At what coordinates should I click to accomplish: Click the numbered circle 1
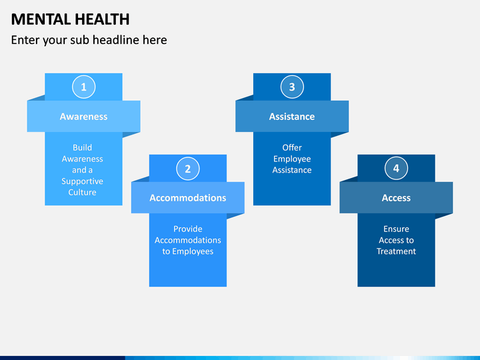coord(83,87)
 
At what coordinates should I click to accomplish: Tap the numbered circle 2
coord(187,169)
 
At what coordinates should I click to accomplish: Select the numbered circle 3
coord(292,87)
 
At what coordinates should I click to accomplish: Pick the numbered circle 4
coord(396,169)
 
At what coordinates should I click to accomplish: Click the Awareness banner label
coord(83,117)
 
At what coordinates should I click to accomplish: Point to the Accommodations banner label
coord(187,198)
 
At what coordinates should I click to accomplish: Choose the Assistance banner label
coord(292,117)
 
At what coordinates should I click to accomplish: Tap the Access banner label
coord(396,198)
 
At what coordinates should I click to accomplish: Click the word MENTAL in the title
coord(36,19)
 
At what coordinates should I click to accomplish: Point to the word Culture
coord(83,193)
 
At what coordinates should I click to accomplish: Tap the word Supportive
coord(83,181)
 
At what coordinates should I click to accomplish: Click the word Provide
coord(187,229)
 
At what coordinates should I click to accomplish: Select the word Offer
coord(292,148)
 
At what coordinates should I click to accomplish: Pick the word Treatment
coord(396,251)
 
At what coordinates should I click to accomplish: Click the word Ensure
coord(396,229)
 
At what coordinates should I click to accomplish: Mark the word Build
coord(83,148)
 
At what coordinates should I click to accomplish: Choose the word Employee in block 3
coord(292,159)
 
